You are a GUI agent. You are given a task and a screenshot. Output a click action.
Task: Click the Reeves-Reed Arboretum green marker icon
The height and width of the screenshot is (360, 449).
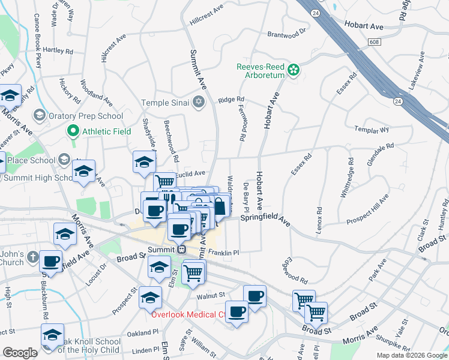point(293,70)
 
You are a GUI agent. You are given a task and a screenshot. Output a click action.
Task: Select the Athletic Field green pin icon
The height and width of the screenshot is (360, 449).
point(73,130)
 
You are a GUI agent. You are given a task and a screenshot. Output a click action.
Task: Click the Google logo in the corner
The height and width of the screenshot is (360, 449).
point(20,353)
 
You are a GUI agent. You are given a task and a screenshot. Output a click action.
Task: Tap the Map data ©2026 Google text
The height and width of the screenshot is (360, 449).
point(412,355)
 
